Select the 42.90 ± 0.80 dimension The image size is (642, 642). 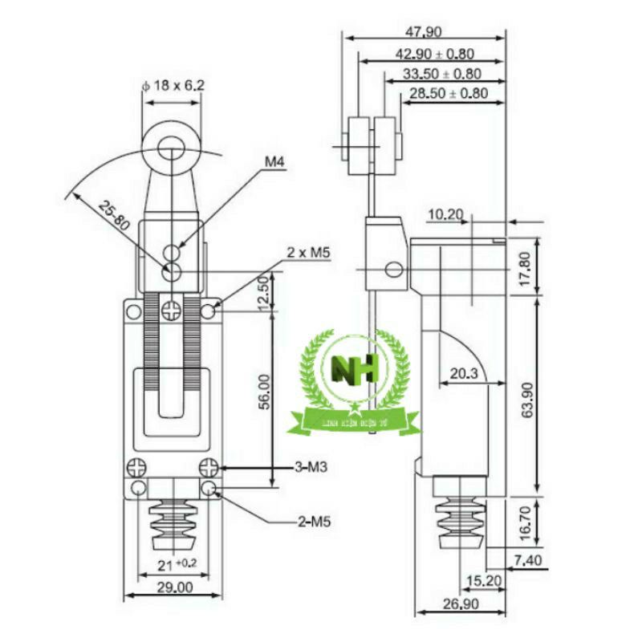pyautogui.click(x=437, y=54)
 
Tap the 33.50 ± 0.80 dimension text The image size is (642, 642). pyautogui.click(x=442, y=74)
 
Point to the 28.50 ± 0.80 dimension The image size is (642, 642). pyautogui.click(x=449, y=94)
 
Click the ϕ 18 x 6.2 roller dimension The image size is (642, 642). pyautogui.click(x=173, y=84)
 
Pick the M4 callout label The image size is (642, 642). pyautogui.click(x=275, y=162)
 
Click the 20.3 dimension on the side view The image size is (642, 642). pyautogui.click(x=465, y=372)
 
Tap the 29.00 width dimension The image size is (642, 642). pyautogui.click(x=173, y=587)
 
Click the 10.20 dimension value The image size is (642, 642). pyautogui.click(x=447, y=214)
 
